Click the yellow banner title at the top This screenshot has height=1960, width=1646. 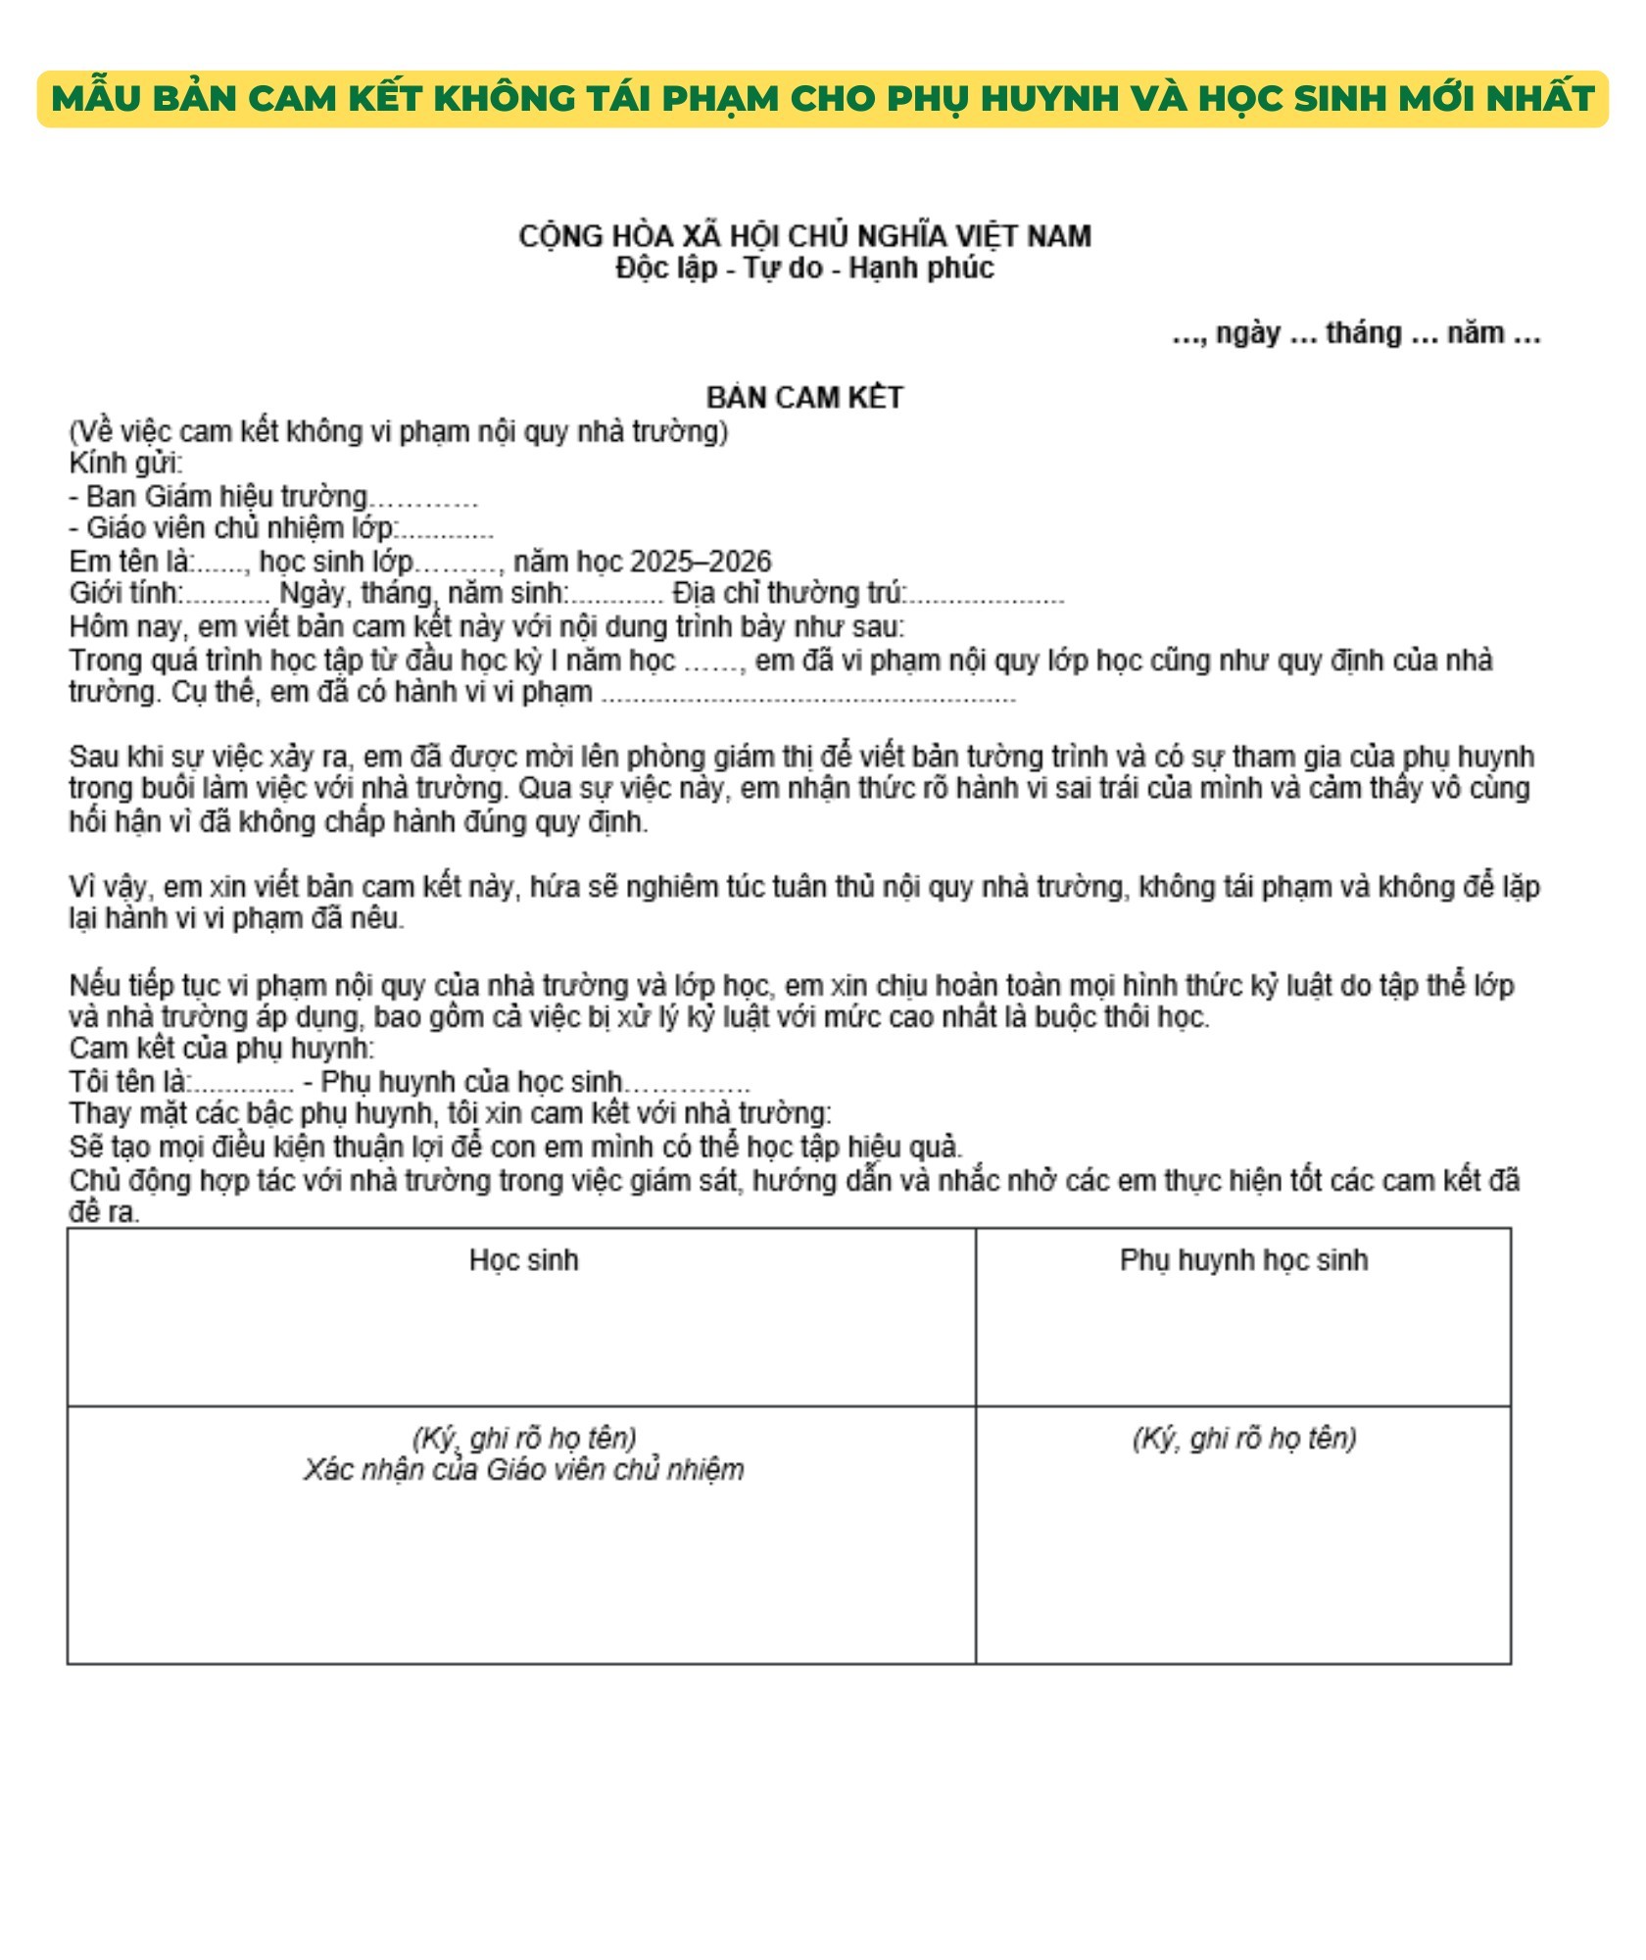pos(823,98)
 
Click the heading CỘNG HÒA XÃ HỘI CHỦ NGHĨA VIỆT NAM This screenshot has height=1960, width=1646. pos(804,236)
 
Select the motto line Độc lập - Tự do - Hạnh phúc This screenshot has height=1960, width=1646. pos(804,268)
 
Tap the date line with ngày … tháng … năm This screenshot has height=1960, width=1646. pos(1356,334)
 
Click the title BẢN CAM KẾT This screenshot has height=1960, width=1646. pos(804,398)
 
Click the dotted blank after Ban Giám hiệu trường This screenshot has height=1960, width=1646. pos(423,499)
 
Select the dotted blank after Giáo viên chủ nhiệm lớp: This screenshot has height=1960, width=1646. pos(446,530)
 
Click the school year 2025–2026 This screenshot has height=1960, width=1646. pos(701,562)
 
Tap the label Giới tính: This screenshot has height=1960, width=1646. pos(125,594)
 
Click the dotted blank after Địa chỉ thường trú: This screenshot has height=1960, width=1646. pos(986,595)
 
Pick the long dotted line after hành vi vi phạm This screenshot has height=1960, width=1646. pos(808,694)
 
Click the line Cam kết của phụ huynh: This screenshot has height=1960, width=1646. pos(221,1049)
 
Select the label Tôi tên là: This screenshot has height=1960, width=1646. pos(128,1082)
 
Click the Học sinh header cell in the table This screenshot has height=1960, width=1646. pos(523,1260)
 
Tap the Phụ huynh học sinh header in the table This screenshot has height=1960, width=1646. pos(1243,1260)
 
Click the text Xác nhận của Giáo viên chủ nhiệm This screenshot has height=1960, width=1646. pos(523,1470)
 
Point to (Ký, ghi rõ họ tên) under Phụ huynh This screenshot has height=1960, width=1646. pos(1243,1439)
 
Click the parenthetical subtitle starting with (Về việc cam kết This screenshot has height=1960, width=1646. pos(398,432)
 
